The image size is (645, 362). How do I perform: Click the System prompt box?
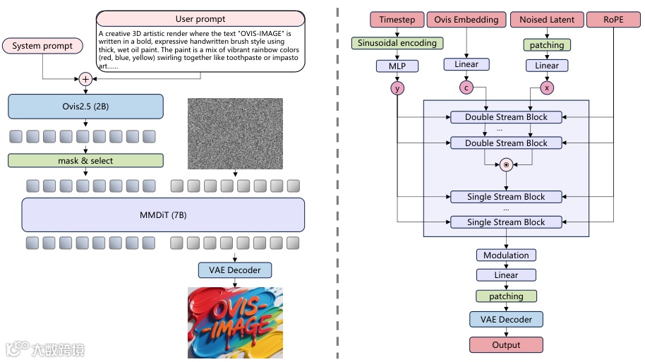[42, 46]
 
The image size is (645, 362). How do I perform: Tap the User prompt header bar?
[200, 19]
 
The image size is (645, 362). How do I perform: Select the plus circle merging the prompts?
[85, 79]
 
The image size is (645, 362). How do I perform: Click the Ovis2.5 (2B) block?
[85, 107]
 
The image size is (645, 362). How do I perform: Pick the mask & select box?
[85, 160]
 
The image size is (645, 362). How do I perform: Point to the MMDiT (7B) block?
[163, 215]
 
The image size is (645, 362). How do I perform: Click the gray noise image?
[235, 133]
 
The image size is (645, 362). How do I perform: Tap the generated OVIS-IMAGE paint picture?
[235, 322]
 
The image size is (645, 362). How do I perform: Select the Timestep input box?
[397, 20]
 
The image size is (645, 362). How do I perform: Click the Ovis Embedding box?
[466, 20]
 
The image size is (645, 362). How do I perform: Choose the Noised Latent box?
[547, 20]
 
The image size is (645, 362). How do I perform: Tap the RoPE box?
[613, 20]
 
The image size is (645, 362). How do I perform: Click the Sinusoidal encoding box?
[397, 43]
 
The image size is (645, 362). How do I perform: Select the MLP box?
[397, 66]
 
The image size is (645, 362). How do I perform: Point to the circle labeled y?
[397, 88]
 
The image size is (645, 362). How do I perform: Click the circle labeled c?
[466, 88]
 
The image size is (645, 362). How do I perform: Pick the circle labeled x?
[547, 88]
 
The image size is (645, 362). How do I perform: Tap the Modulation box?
[506, 255]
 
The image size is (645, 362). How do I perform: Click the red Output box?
[506, 345]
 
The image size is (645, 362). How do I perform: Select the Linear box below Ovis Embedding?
[466, 64]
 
